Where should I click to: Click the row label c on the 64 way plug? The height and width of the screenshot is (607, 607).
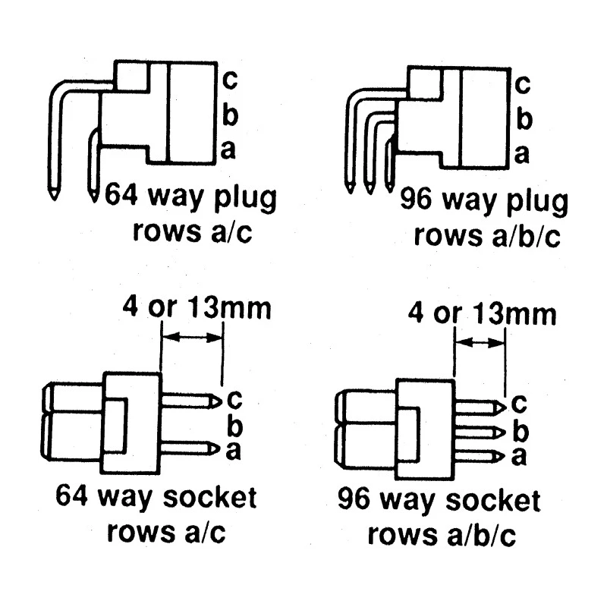(x=230, y=80)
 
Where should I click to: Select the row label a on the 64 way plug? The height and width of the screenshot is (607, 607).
(x=228, y=150)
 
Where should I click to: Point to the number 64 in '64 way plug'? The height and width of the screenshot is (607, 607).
(x=121, y=194)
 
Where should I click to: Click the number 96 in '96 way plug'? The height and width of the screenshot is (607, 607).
(x=416, y=199)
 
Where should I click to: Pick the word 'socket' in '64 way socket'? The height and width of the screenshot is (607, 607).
(x=209, y=498)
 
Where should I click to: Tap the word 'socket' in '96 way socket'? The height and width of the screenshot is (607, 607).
(x=492, y=501)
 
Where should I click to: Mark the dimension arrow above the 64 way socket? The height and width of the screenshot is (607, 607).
(x=193, y=338)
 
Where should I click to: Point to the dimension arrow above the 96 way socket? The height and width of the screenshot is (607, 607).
(x=480, y=343)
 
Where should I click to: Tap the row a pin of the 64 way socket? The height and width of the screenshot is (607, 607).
(x=190, y=448)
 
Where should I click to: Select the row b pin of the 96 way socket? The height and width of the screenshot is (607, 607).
(x=480, y=432)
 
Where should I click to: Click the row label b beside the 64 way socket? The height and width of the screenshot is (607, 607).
(x=234, y=425)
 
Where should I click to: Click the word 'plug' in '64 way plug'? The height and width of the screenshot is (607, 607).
(x=245, y=198)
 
